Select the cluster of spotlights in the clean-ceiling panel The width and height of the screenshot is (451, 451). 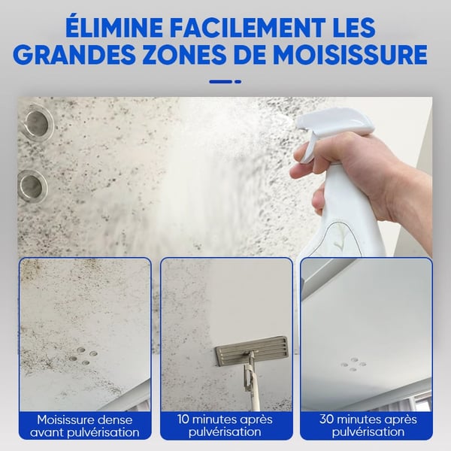[x=353, y=364]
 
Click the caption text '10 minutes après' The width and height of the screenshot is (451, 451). [x=225, y=419]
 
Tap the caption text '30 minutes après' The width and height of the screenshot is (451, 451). [x=366, y=419]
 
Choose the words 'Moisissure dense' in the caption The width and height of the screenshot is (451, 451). [x=84, y=419]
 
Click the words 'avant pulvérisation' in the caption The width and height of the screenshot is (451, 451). [x=84, y=432]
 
